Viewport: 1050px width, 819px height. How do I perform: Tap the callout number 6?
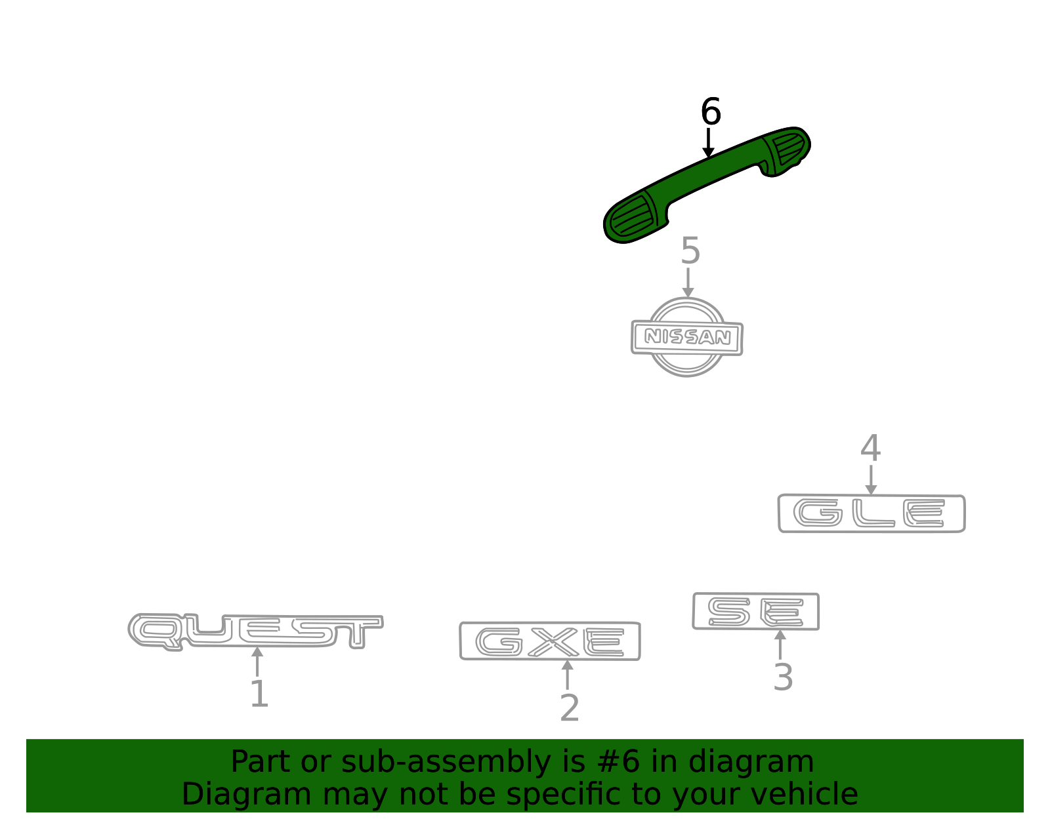pos(711,111)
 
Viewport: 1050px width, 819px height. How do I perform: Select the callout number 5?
pos(690,250)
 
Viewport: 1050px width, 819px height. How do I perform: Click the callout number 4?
pos(870,447)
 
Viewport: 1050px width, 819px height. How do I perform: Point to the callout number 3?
pos(783,677)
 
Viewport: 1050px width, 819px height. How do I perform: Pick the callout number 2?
pos(569,708)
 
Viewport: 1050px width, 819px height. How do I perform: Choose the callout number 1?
pos(259,694)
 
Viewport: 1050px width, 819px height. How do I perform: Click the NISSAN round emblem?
pos(686,337)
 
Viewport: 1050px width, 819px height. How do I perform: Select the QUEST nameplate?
pos(256,631)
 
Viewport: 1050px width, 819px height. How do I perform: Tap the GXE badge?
pos(550,641)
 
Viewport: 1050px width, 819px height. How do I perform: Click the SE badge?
pos(756,611)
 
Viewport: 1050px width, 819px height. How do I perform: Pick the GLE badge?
pos(871,513)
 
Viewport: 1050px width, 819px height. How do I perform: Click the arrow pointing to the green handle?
pos(708,142)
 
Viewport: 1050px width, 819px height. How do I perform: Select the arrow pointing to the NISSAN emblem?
pos(688,283)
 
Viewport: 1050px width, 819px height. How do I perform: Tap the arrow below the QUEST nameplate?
pos(257,662)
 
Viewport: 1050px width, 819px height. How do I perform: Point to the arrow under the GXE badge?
pos(567,675)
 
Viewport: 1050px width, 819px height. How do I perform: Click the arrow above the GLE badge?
pos(871,480)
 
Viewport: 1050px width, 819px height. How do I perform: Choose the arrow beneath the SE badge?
pos(780,645)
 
